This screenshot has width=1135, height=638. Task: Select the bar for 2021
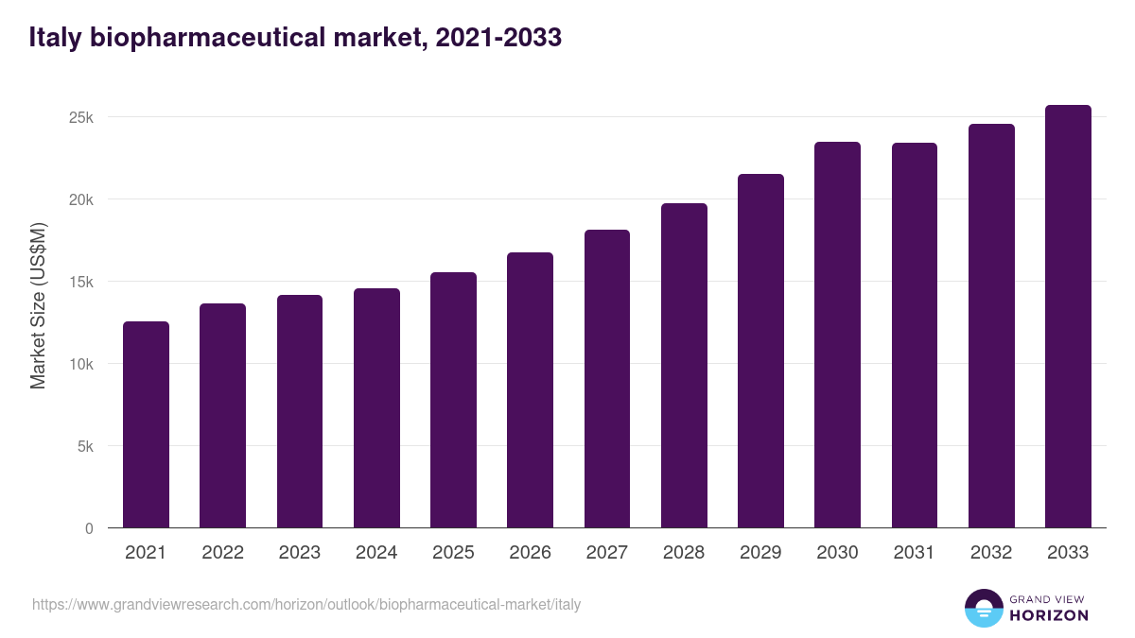(x=146, y=424)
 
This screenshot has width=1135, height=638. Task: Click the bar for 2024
(x=376, y=408)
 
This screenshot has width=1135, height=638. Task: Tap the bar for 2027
(x=607, y=379)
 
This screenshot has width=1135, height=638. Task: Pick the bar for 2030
(x=837, y=335)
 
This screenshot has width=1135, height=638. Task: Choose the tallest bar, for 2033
(x=1068, y=317)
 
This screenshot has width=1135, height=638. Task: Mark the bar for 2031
(x=915, y=336)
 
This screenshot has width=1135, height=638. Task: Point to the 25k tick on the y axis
(x=80, y=117)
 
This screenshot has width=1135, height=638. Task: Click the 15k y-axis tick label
(x=80, y=282)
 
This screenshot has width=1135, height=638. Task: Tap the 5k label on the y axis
(x=85, y=446)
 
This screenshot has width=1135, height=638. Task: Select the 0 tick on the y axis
(x=89, y=528)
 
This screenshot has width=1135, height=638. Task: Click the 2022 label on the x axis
(x=222, y=553)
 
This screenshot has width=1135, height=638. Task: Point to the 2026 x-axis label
(x=530, y=553)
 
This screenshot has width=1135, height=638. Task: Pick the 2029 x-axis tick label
(x=760, y=553)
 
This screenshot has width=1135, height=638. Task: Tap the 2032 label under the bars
(x=991, y=553)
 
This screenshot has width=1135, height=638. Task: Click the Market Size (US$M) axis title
(x=38, y=305)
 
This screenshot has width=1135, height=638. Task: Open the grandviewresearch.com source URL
(x=306, y=604)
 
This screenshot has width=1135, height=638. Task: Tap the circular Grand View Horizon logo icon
(x=983, y=608)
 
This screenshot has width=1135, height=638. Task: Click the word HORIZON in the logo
(x=1049, y=615)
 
